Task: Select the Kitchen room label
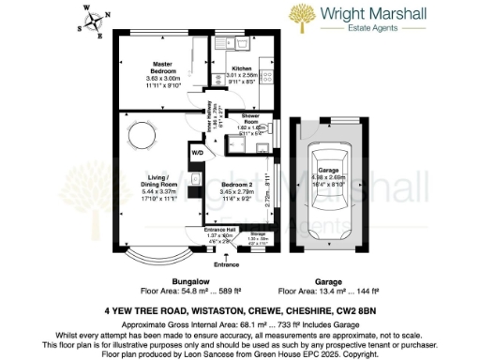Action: (243, 69)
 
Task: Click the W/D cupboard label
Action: (197, 152)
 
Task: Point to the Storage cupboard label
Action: (258, 234)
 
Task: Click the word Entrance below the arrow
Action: (227, 265)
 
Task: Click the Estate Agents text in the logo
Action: (392, 30)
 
